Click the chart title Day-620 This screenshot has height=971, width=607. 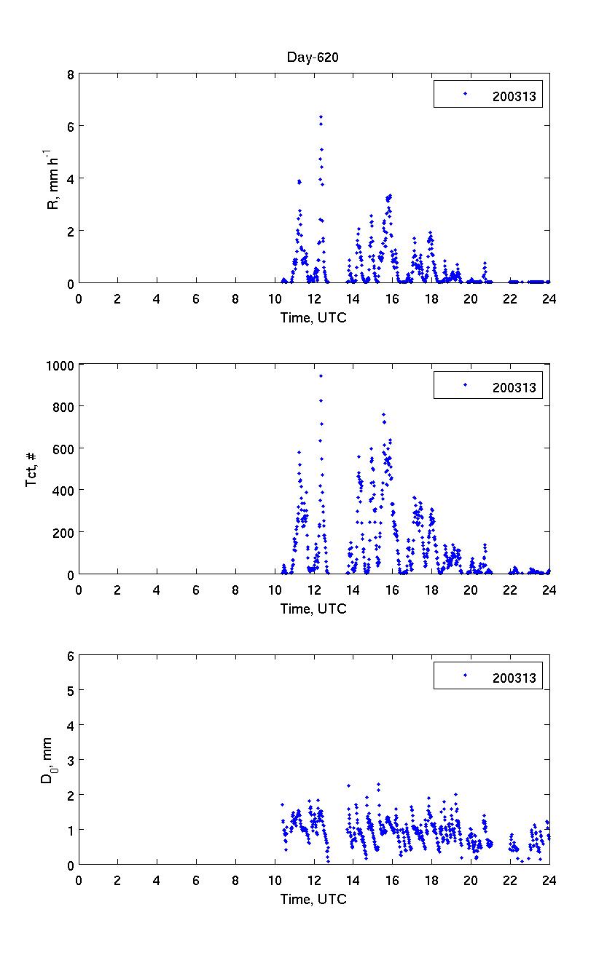313,58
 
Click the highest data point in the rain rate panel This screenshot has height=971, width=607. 321,116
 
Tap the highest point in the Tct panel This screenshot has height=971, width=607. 321,376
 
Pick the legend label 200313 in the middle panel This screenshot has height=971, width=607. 514,387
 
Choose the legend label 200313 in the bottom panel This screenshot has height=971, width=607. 514,678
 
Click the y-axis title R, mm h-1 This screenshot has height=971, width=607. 52,179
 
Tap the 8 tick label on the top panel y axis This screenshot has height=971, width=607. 70,74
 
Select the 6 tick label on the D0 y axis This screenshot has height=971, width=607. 70,656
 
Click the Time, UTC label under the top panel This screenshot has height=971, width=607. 313,317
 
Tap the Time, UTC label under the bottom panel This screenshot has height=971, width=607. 313,900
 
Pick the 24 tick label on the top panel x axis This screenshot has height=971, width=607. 549,298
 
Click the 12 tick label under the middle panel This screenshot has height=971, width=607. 314,589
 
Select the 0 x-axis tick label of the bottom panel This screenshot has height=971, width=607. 79,880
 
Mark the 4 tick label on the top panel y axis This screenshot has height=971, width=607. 70,179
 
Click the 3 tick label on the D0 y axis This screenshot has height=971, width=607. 70,760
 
